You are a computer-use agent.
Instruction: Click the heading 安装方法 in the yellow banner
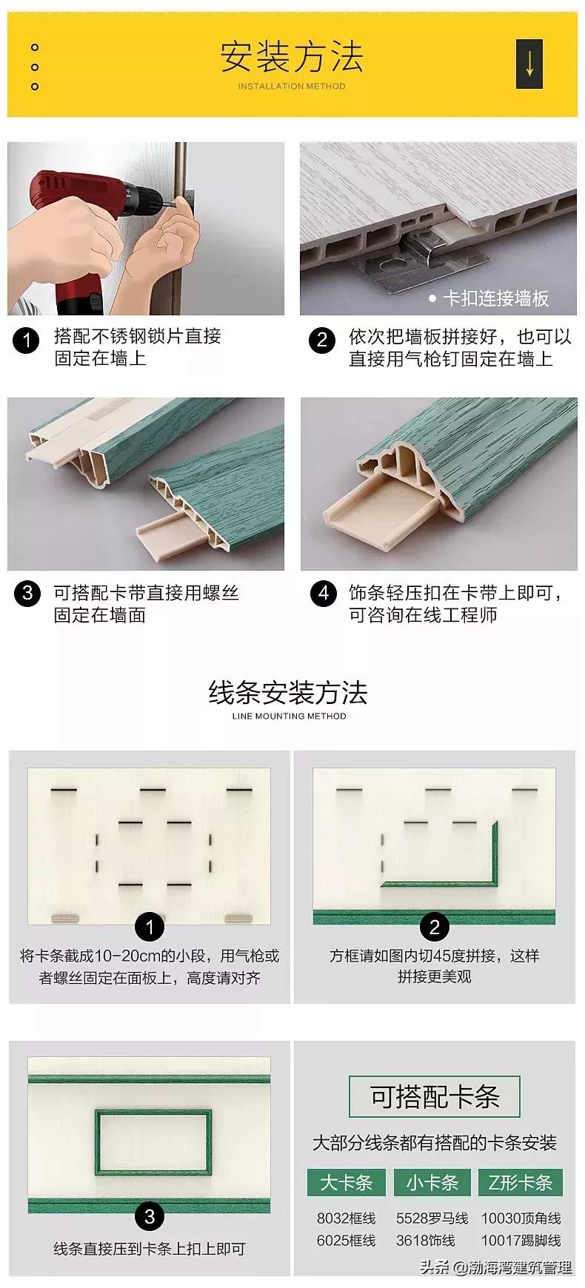[x=292, y=57]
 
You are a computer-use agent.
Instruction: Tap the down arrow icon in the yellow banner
[x=529, y=64]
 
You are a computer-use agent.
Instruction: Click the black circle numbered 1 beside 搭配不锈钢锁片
[x=27, y=341]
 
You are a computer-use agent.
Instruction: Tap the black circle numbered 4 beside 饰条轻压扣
[x=322, y=594]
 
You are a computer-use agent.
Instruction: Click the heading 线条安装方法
[x=288, y=693]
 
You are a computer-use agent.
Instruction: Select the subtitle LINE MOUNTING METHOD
[x=289, y=716]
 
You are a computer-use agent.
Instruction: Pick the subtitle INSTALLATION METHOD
[x=292, y=86]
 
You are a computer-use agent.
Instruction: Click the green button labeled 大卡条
[x=346, y=1182]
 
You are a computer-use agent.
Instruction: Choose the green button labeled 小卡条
[x=432, y=1182]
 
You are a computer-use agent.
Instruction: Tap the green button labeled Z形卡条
[x=521, y=1182]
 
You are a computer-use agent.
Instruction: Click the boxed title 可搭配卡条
[x=435, y=1097]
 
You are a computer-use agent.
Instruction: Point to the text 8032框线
[x=346, y=1218]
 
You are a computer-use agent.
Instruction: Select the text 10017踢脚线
[x=521, y=1240]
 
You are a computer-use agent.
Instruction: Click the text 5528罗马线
[x=432, y=1218]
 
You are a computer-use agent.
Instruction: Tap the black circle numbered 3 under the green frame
[x=150, y=1216]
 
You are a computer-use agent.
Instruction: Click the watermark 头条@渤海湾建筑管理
[x=496, y=1267]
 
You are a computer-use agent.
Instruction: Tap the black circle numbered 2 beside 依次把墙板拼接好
[x=321, y=341]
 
